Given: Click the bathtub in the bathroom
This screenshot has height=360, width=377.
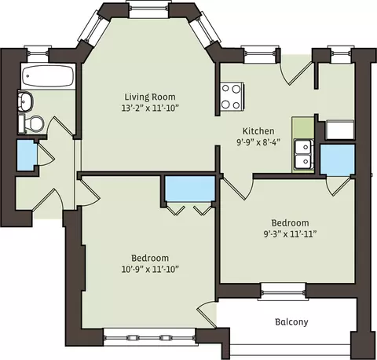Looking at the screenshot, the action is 48,76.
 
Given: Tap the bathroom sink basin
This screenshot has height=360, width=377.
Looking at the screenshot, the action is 25,101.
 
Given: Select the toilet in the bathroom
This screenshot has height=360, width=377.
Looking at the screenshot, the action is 31,123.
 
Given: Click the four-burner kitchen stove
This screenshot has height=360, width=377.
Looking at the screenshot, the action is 232,96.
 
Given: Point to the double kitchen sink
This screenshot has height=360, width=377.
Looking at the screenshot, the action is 304,154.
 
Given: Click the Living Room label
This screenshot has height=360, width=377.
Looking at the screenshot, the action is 150,97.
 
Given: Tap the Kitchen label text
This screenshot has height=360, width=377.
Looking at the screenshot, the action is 258,131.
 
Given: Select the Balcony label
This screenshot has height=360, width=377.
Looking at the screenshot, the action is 291,321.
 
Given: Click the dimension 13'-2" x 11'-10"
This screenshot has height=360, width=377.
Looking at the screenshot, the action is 150,108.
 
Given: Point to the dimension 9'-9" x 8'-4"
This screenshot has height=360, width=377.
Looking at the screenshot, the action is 258,142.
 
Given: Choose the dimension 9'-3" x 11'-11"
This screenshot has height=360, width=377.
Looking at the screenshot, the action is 290,234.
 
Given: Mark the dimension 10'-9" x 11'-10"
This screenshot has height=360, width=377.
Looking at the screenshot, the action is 150,269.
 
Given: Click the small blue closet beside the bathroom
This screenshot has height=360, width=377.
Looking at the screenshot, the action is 27,155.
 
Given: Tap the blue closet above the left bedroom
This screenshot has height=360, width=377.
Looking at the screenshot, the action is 190,189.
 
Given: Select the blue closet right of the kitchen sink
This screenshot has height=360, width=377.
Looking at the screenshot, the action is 338,160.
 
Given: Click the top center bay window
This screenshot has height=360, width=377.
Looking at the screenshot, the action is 148,9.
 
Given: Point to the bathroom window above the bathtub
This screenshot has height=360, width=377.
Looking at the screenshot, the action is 37,53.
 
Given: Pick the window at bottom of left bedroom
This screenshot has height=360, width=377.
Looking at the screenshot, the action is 150,337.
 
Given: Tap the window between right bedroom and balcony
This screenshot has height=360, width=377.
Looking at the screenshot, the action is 283,291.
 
